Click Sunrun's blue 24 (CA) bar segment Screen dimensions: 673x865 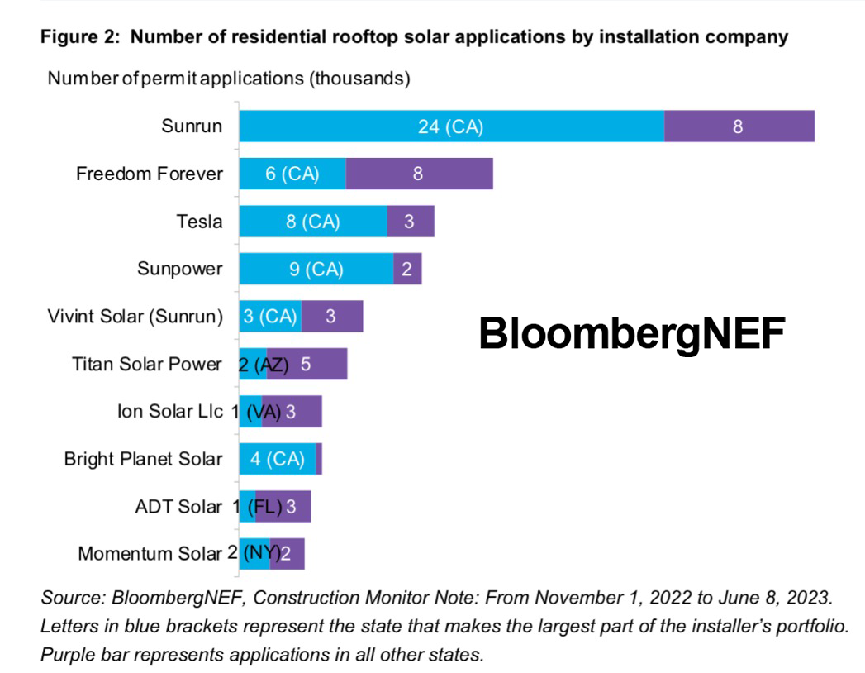pos(451,126)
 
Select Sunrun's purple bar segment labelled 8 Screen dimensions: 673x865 pos(739,126)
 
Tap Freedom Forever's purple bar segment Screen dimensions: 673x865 pos(419,174)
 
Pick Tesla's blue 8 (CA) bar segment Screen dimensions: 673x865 pos(313,222)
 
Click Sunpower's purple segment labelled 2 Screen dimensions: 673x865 pos(407,270)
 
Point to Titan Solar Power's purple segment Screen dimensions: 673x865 pos(317,364)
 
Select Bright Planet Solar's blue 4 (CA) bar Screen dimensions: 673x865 pos(278,459)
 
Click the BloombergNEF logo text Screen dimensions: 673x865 pos(631,334)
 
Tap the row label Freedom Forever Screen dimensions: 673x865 pos(149,174)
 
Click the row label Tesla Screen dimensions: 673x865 pos(199,222)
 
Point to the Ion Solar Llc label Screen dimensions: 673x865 pos(170,411)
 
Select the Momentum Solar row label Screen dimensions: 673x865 pos(150,554)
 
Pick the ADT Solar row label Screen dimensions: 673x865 pos(178,506)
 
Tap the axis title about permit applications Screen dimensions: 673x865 pos(229,79)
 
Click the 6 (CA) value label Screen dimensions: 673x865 pos(292,174)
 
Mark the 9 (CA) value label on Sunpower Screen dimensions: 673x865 pos(316,270)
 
